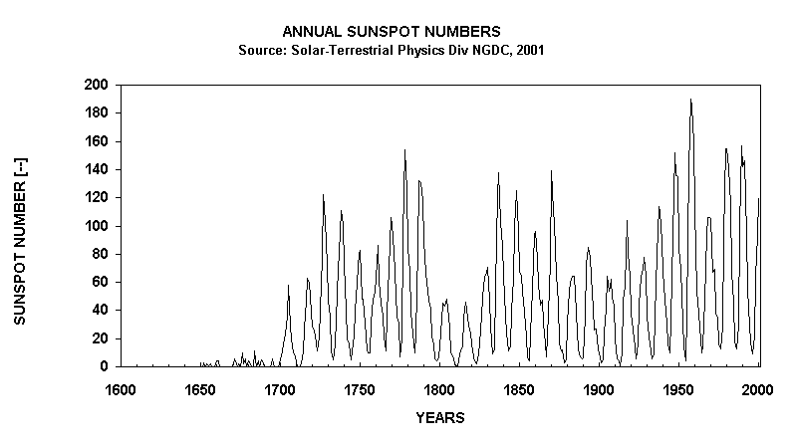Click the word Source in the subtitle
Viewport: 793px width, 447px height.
[260, 50]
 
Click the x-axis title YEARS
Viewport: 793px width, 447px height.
[439, 418]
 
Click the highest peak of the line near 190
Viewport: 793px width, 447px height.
[690, 100]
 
